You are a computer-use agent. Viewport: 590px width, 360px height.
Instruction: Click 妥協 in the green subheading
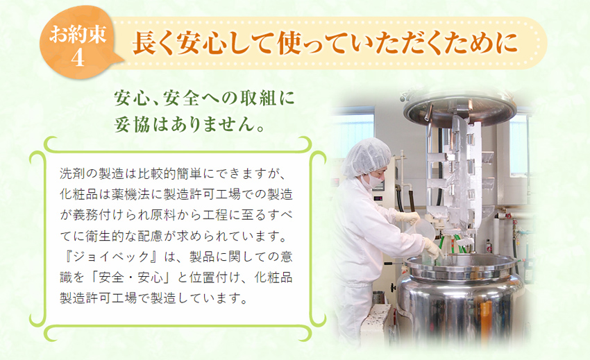(x=133, y=125)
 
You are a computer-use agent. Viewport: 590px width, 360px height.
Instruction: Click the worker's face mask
(x=375, y=180)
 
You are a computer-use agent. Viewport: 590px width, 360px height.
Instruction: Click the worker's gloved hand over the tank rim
(x=432, y=248)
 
